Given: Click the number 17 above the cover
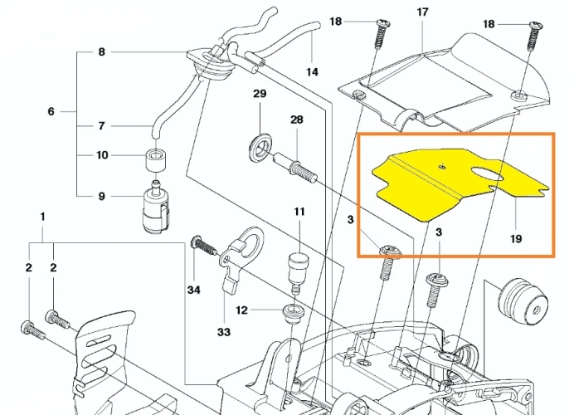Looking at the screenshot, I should (x=422, y=12).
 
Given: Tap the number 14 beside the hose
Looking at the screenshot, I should (x=312, y=72).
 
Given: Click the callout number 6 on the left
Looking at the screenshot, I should (x=51, y=111).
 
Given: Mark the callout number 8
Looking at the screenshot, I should (x=101, y=52).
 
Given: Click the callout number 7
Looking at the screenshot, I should (x=101, y=126).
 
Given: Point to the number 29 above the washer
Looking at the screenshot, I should (x=259, y=95).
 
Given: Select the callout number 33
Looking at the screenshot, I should (x=223, y=333).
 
